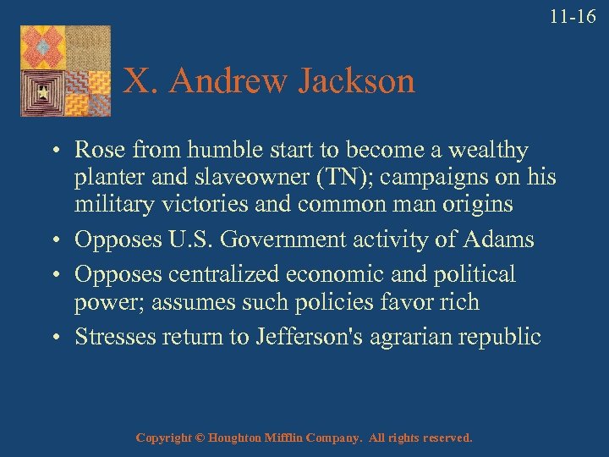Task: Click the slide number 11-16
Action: pos(573,16)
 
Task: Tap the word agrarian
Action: pos(410,337)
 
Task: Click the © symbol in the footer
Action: pos(199,438)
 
